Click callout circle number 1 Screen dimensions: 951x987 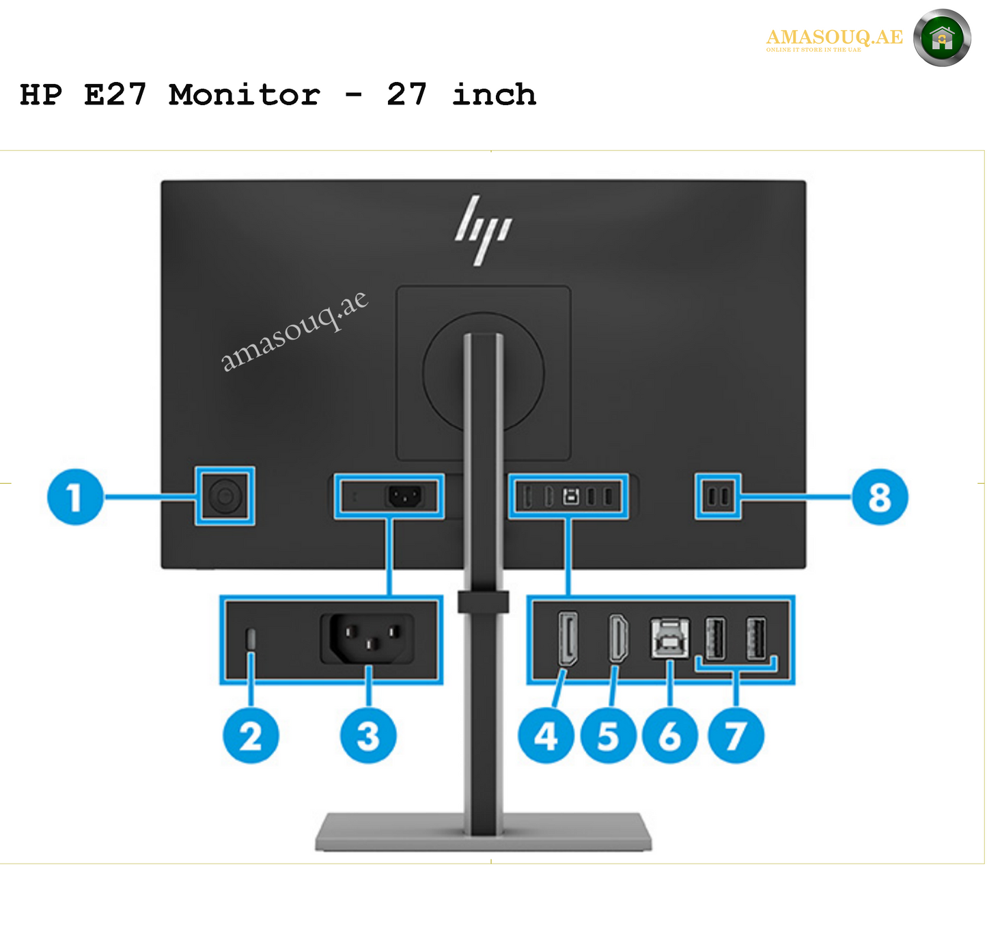click(x=75, y=497)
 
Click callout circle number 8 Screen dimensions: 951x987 click(x=880, y=497)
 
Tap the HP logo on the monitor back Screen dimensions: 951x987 click(x=483, y=230)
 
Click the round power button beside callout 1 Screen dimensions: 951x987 click(x=225, y=496)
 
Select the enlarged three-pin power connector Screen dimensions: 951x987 click(x=368, y=639)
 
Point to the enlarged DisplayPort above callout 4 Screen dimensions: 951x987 click(x=568, y=639)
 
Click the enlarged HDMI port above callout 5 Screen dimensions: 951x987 click(x=618, y=639)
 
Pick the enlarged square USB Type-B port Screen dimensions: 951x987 click(x=669, y=638)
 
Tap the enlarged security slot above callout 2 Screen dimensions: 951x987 click(x=251, y=639)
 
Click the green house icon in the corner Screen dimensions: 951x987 click(x=942, y=38)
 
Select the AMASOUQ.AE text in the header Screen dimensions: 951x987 click(x=834, y=37)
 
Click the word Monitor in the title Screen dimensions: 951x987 click(x=244, y=94)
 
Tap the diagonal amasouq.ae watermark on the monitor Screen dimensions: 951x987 click(x=294, y=331)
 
